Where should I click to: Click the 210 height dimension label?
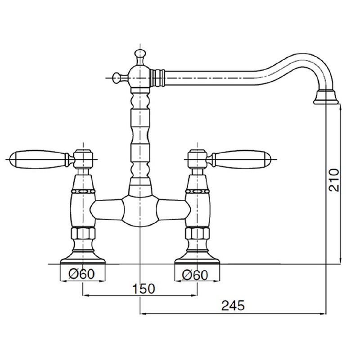click(334, 180)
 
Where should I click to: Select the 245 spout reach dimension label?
click(233, 306)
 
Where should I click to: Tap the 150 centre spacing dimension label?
click(144, 289)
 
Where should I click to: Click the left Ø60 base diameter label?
click(81, 274)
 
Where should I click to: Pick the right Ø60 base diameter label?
click(195, 275)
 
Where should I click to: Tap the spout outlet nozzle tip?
click(326, 98)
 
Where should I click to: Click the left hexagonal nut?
click(83, 233)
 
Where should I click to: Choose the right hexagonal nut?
click(197, 233)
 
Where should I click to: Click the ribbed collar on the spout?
click(157, 78)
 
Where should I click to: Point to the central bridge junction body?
click(140, 210)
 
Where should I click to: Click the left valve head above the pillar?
click(83, 159)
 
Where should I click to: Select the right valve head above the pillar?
click(197, 159)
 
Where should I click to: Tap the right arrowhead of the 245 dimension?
click(323, 313)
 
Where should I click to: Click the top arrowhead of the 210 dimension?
click(341, 107)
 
